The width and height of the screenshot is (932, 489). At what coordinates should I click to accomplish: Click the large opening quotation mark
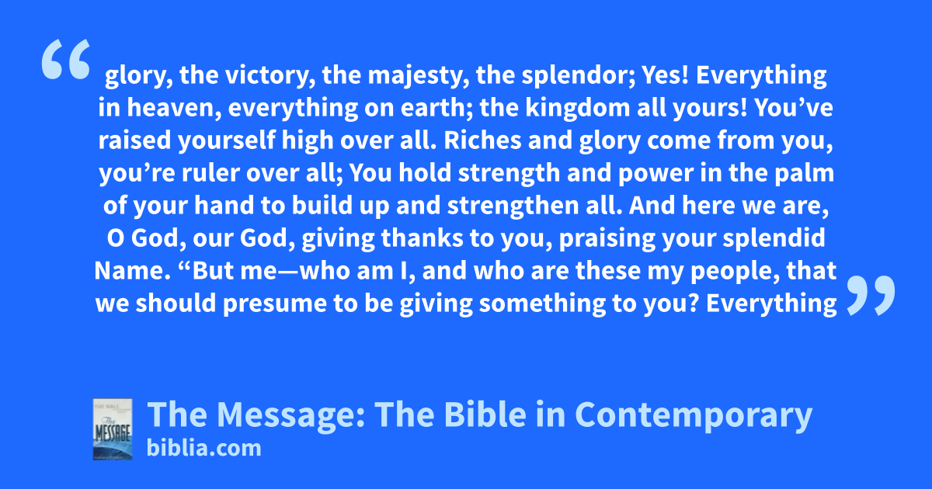(66, 59)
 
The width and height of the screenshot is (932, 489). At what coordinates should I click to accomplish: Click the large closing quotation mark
(871, 295)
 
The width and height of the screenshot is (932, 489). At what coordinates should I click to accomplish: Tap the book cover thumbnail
(113, 429)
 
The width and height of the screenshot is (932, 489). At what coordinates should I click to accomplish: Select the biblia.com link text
(203, 448)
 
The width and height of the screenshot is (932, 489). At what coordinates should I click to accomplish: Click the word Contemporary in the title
(694, 414)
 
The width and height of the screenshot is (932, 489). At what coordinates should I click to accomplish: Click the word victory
(270, 76)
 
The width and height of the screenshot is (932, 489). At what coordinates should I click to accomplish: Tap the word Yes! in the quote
(666, 75)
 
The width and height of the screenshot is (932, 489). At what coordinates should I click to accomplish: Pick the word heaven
(174, 108)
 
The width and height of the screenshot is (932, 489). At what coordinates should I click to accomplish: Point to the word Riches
(482, 140)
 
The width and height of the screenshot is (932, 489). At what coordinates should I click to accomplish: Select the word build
(322, 206)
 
